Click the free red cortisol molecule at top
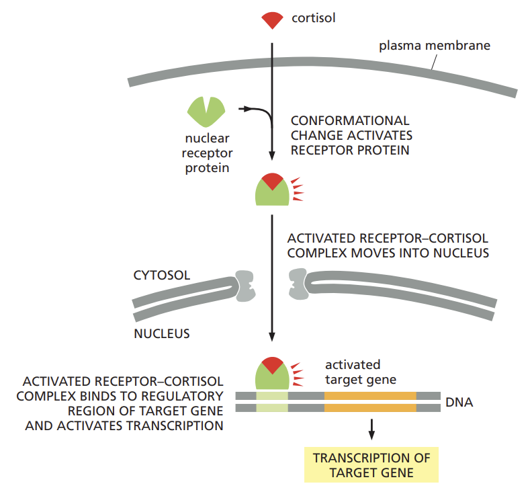(272, 20)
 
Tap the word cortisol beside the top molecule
(313, 18)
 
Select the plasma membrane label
(434, 46)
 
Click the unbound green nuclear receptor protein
(206, 112)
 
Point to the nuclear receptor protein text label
(207, 153)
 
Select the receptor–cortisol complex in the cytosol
(273, 190)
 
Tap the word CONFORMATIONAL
(349, 121)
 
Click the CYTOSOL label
(161, 276)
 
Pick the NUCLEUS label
(161, 333)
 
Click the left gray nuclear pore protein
(245, 287)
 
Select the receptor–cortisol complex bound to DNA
(273, 374)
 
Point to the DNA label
(459, 403)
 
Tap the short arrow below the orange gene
(371, 429)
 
